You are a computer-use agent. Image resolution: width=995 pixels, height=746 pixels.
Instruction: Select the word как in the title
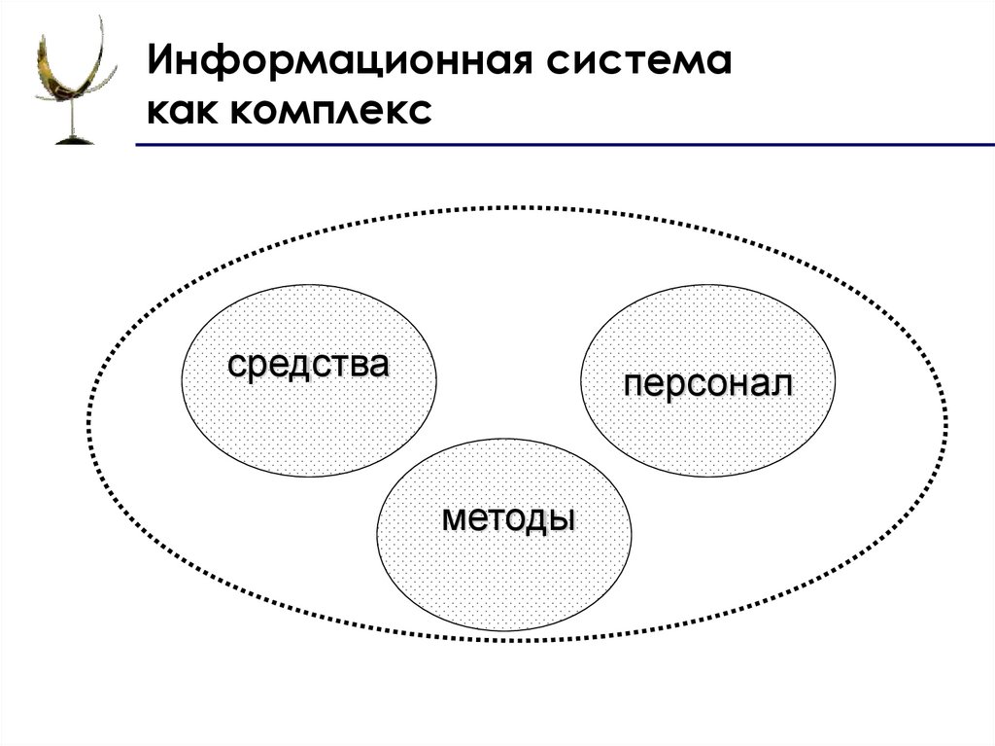182,110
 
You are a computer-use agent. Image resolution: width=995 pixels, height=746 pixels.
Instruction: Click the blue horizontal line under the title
564,145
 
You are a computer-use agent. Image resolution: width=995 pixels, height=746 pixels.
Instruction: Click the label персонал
707,384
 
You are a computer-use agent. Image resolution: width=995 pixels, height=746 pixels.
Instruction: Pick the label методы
507,517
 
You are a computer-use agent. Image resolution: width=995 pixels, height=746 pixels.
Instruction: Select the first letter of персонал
633,384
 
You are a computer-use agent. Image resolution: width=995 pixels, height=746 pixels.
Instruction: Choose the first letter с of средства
236,366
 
